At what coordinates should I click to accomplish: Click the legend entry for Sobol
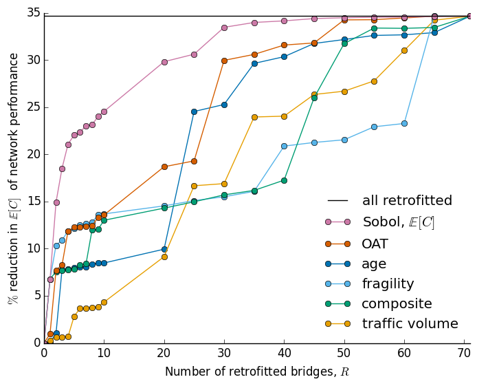399,222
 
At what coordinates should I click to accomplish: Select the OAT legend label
375,244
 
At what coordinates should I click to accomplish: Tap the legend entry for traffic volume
410,324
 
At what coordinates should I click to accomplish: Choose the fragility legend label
388,283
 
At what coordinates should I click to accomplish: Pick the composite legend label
397,303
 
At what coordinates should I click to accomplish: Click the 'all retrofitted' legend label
407,201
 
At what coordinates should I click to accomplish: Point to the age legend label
375,264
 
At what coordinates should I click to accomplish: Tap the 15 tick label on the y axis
32,202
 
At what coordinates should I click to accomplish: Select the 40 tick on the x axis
284,352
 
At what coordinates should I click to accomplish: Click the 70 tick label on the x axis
464,352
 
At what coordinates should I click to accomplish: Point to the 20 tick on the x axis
164,352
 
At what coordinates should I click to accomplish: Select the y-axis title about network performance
13,179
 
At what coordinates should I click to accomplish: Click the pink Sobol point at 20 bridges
164,62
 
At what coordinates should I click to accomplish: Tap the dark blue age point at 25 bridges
194,111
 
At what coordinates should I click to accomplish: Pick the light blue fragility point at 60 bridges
404,123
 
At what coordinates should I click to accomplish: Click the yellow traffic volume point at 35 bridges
254,117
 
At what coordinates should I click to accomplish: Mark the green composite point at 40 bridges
284,180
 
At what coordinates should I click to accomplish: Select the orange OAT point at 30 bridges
224,61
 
